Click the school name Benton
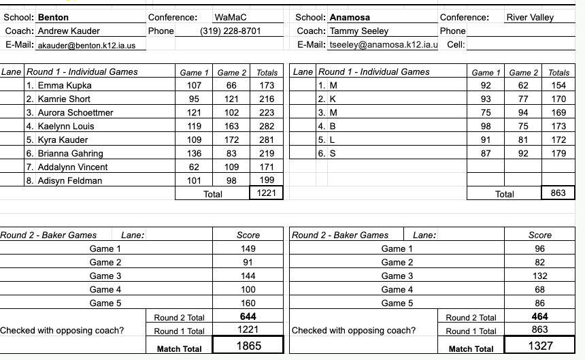53,17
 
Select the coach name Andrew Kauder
69,31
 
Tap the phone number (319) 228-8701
231,31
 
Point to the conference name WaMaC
230,17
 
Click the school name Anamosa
350,17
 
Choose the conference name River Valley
530,17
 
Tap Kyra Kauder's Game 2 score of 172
232,140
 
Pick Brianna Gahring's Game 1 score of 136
195,153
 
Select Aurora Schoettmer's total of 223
267,112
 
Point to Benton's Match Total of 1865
248,346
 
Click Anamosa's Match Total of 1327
540,346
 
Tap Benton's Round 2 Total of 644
248,316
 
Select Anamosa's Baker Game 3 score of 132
540,276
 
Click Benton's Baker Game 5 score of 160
248,303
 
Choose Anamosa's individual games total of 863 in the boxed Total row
558,193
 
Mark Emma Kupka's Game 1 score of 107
195,85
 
